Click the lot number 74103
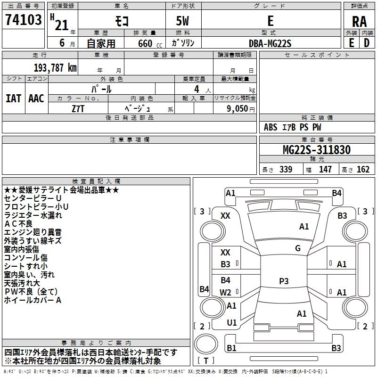pyautogui.click(x=24, y=20)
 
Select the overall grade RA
pyautogui.click(x=360, y=22)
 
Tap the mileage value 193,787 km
pyautogui.click(x=55, y=68)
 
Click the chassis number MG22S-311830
pyautogui.click(x=317, y=149)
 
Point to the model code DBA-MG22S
pyautogui.click(x=270, y=43)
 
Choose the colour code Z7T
pyautogui.click(x=78, y=109)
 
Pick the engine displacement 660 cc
pyautogui.click(x=150, y=43)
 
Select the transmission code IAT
pyautogui.click(x=14, y=98)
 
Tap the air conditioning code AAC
pyautogui.click(x=36, y=98)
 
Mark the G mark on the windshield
pyautogui.click(x=298, y=248)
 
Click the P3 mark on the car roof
pyautogui.click(x=284, y=281)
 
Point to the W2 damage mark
pyautogui.click(x=225, y=292)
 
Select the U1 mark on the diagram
pyautogui.click(x=232, y=322)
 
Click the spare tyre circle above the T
pyautogui.click(x=206, y=344)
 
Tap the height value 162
pyautogui.click(x=363, y=169)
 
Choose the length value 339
pyautogui.click(x=286, y=169)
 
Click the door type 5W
pyautogui.click(x=183, y=21)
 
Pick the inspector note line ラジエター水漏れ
pyautogui.click(x=33, y=215)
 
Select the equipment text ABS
pyautogui.click(x=270, y=127)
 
